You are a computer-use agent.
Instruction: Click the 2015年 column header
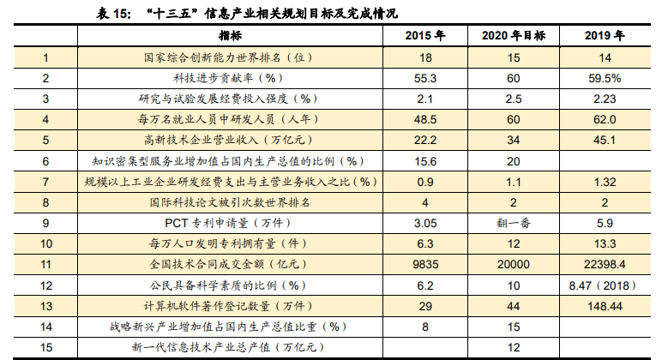point(424,36)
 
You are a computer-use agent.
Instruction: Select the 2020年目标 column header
point(514,36)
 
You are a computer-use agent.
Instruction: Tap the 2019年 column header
point(605,36)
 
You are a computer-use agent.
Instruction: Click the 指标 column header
point(230,36)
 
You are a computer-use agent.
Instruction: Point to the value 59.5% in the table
point(605,78)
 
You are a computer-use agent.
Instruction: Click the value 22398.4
point(605,264)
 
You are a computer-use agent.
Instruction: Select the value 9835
point(424,264)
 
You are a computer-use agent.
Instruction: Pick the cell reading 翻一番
point(514,223)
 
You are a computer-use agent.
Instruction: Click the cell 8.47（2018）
point(605,285)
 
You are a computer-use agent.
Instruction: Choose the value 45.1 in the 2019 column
point(605,140)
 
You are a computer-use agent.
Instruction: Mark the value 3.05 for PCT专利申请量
point(424,223)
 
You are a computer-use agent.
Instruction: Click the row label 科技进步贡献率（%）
point(228,78)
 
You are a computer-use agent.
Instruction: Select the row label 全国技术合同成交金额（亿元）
point(228,264)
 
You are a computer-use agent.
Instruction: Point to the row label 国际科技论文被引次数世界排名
point(228,202)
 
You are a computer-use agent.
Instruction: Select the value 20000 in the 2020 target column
point(514,264)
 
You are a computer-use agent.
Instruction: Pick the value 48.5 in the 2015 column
point(424,119)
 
